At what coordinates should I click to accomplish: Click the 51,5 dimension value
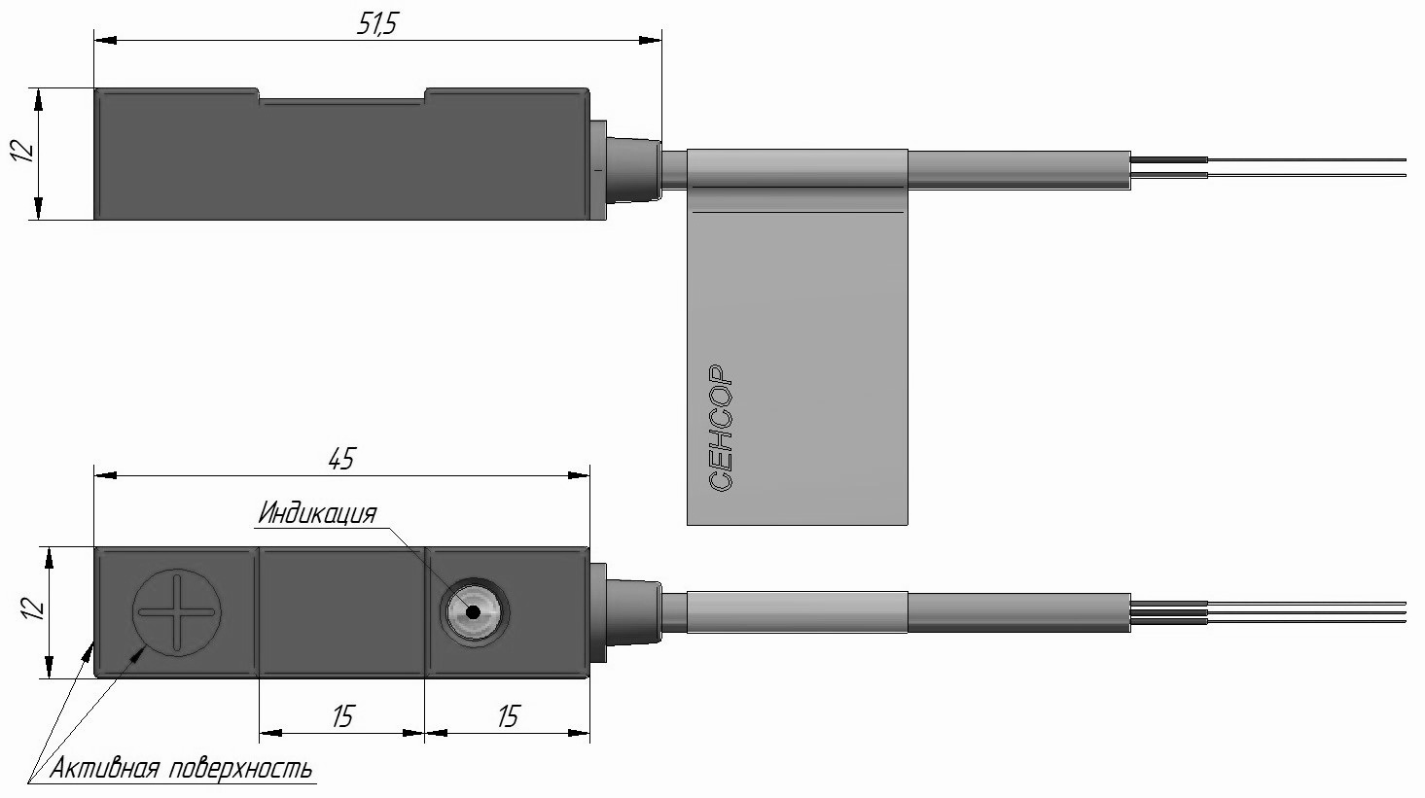click(x=377, y=23)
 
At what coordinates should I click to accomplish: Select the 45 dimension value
click(x=341, y=459)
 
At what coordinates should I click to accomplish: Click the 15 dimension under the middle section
click(x=342, y=716)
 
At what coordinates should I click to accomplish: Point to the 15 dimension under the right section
click(x=507, y=716)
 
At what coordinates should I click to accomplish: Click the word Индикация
click(x=317, y=512)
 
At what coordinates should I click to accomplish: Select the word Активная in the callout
click(x=104, y=769)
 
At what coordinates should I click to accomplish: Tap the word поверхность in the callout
click(x=241, y=770)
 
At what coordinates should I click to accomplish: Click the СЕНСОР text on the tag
click(x=720, y=428)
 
